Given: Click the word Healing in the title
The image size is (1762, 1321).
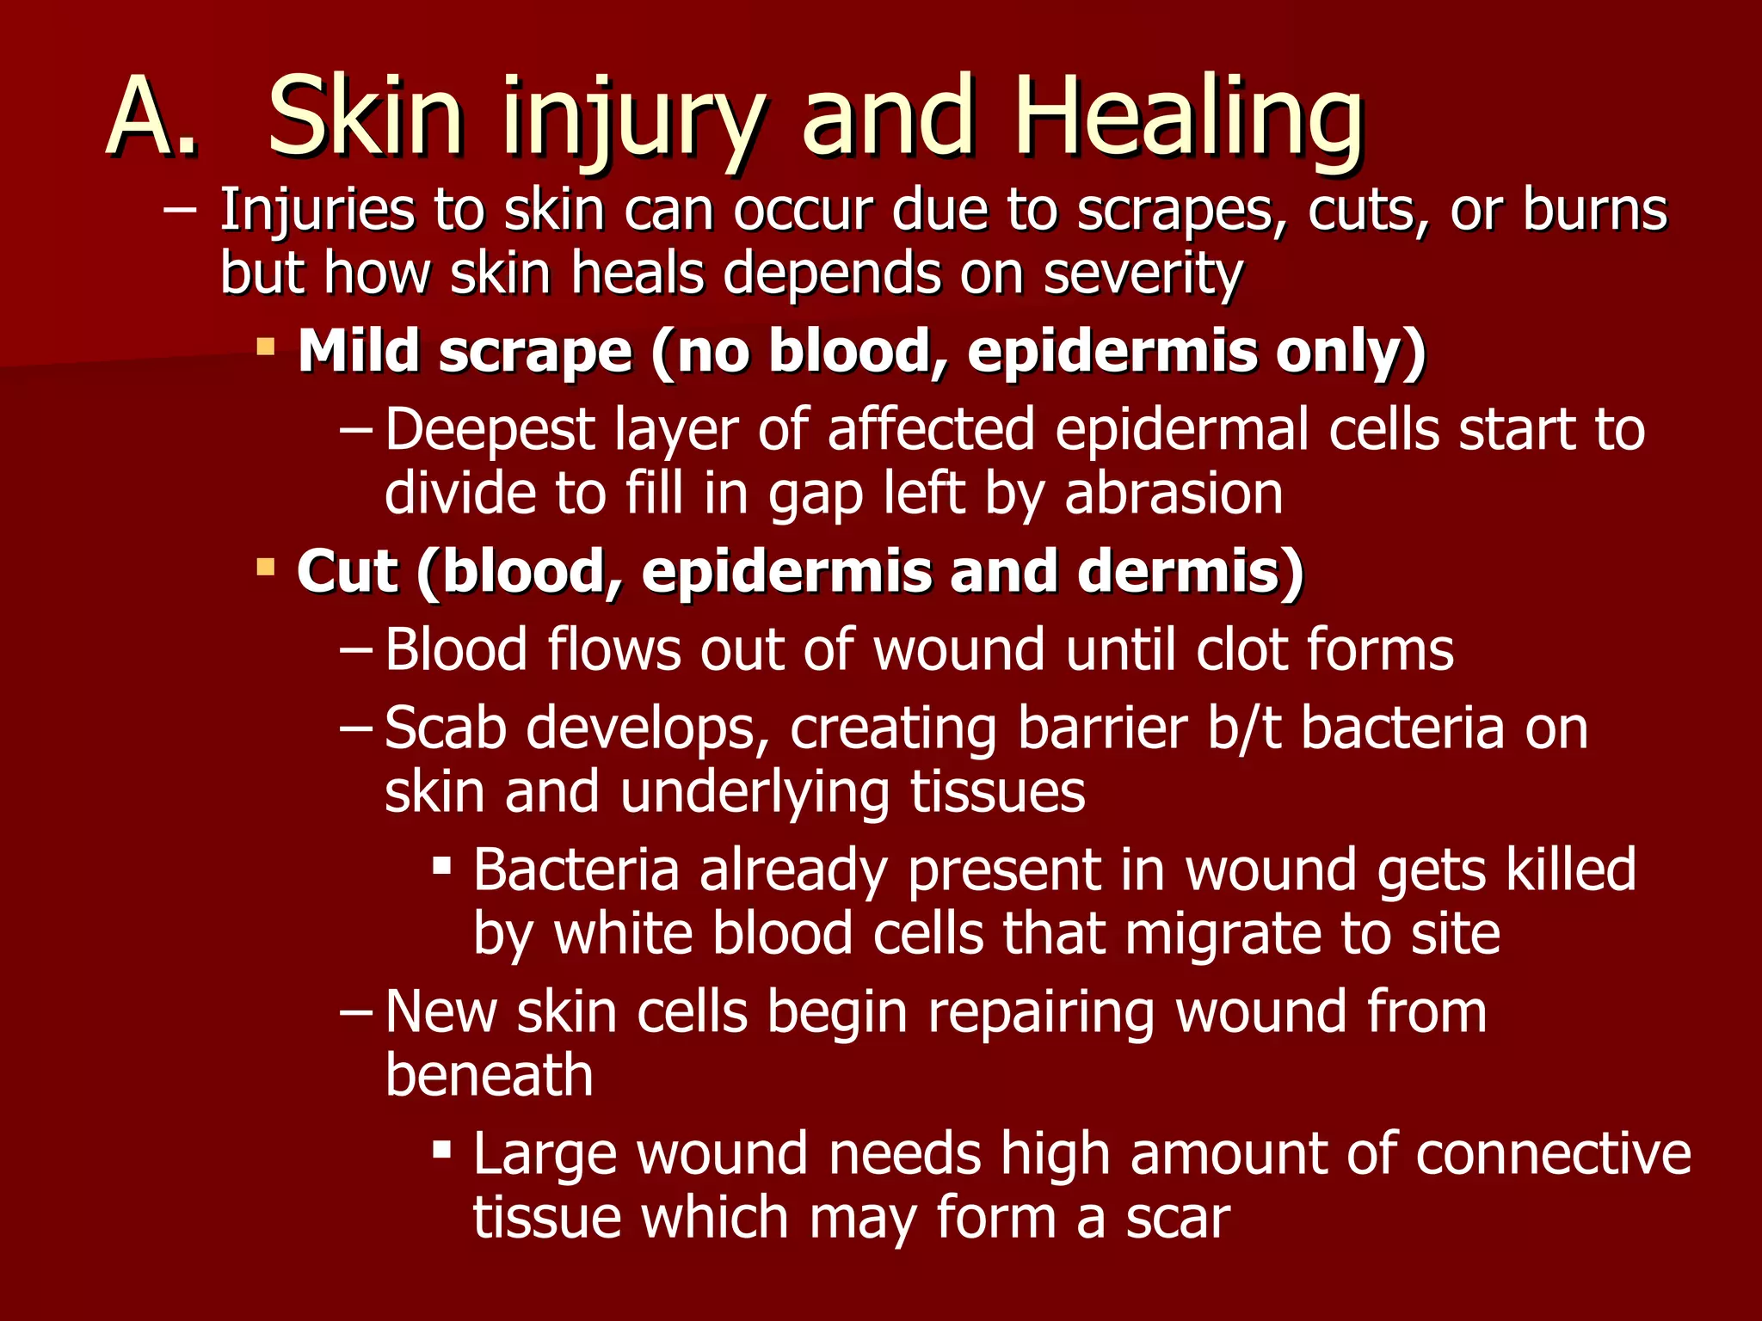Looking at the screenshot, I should [x=1188, y=120].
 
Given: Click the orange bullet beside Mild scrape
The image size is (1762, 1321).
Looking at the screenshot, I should [x=266, y=348].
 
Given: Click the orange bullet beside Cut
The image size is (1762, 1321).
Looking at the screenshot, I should [x=266, y=568].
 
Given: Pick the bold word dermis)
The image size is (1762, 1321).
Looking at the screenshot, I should [x=1191, y=571].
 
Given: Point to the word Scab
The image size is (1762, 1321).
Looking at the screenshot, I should [x=445, y=728].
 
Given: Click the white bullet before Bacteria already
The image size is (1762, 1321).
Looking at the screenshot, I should [x=442, y=864].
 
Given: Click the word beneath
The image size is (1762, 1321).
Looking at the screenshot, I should [x=489, y=1076].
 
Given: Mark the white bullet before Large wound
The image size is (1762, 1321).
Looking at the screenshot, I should [x=442, y=1148].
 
